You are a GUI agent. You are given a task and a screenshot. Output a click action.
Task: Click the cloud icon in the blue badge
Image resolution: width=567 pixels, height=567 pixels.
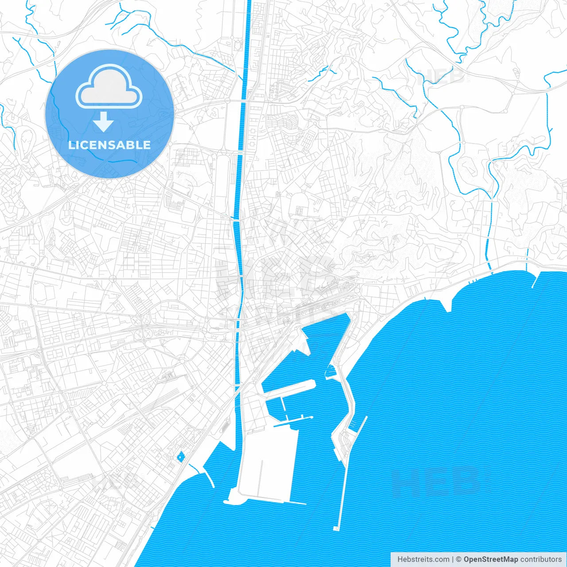[109, 87]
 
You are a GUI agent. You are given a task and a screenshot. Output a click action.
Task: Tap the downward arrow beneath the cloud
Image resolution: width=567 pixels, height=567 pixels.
[104, 122]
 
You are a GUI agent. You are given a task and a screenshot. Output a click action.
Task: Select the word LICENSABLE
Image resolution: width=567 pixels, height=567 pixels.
[109, 145]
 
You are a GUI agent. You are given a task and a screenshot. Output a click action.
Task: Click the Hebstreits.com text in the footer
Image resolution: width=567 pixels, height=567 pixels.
[423, 559]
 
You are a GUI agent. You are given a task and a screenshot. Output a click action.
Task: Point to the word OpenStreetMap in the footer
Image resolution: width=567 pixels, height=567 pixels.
[490, 559]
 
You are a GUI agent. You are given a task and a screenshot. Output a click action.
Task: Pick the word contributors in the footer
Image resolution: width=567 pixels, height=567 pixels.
[541, 559]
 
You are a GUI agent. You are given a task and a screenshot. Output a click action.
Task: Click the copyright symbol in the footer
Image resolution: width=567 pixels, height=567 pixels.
[458, 559]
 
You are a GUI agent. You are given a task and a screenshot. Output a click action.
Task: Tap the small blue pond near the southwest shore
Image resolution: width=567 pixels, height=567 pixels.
[180, 457]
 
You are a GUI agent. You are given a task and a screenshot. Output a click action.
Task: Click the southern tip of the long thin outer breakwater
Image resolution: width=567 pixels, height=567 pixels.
[336, 528]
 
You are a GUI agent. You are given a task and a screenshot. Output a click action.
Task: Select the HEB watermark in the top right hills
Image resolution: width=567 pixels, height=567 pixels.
[441, 76]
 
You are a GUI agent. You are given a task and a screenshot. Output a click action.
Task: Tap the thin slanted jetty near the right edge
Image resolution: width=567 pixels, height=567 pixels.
[536, 280]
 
